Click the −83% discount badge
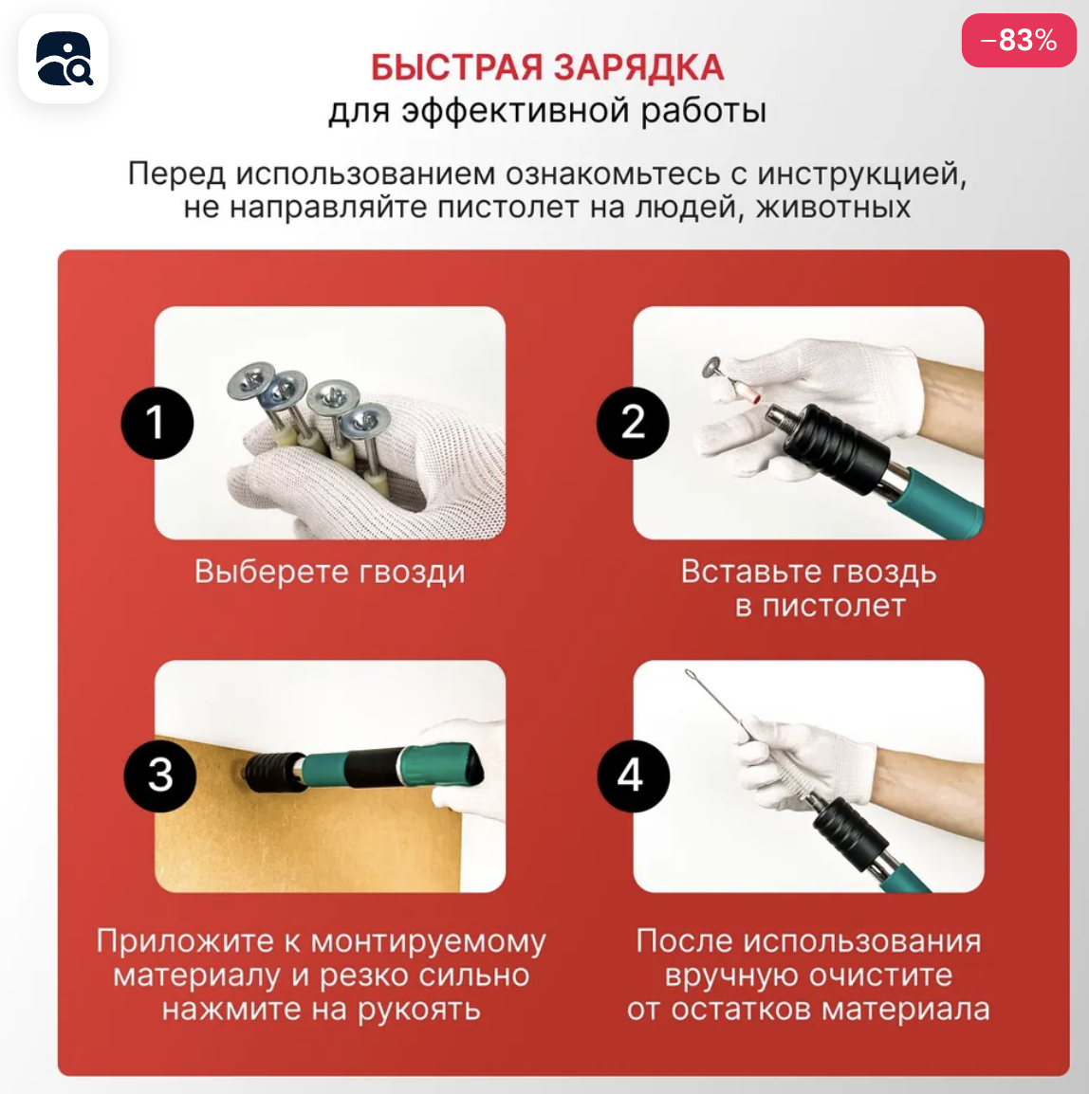coord(1019,41)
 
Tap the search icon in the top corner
coord(64,59)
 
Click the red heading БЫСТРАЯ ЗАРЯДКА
coord(546,67)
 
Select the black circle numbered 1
coord(157,423)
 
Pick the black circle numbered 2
coord(633,423)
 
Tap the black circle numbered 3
coord(160,775)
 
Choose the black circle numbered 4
coord(633,775)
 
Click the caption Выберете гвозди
coord(329,572)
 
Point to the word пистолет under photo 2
coord(834,607)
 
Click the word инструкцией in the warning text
coord(862,173)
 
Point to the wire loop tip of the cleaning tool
coord(691,674)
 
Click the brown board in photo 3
coord(307,837)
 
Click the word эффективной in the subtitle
coord(516,112)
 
